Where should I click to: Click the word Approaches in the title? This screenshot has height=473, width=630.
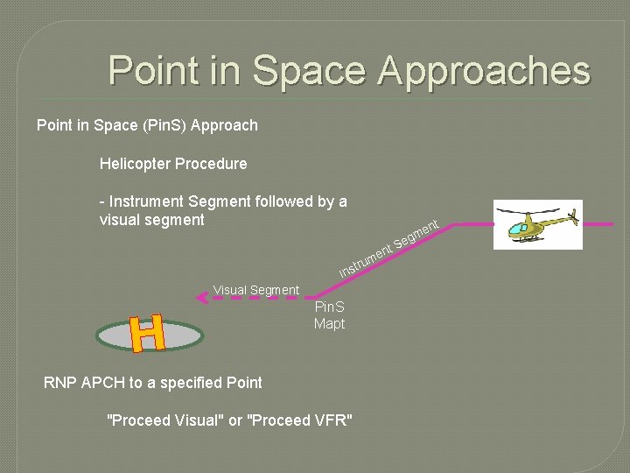point(484,71)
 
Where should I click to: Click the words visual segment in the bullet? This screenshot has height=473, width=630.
point(151,220)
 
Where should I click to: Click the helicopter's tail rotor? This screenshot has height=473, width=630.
point(572,215)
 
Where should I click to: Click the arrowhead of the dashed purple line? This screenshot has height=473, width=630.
point(200,298)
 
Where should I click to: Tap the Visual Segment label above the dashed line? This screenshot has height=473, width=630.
point(255,290)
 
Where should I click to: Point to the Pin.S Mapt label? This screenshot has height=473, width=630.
point(329,315)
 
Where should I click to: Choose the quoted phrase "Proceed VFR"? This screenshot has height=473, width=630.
point(301,420)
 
